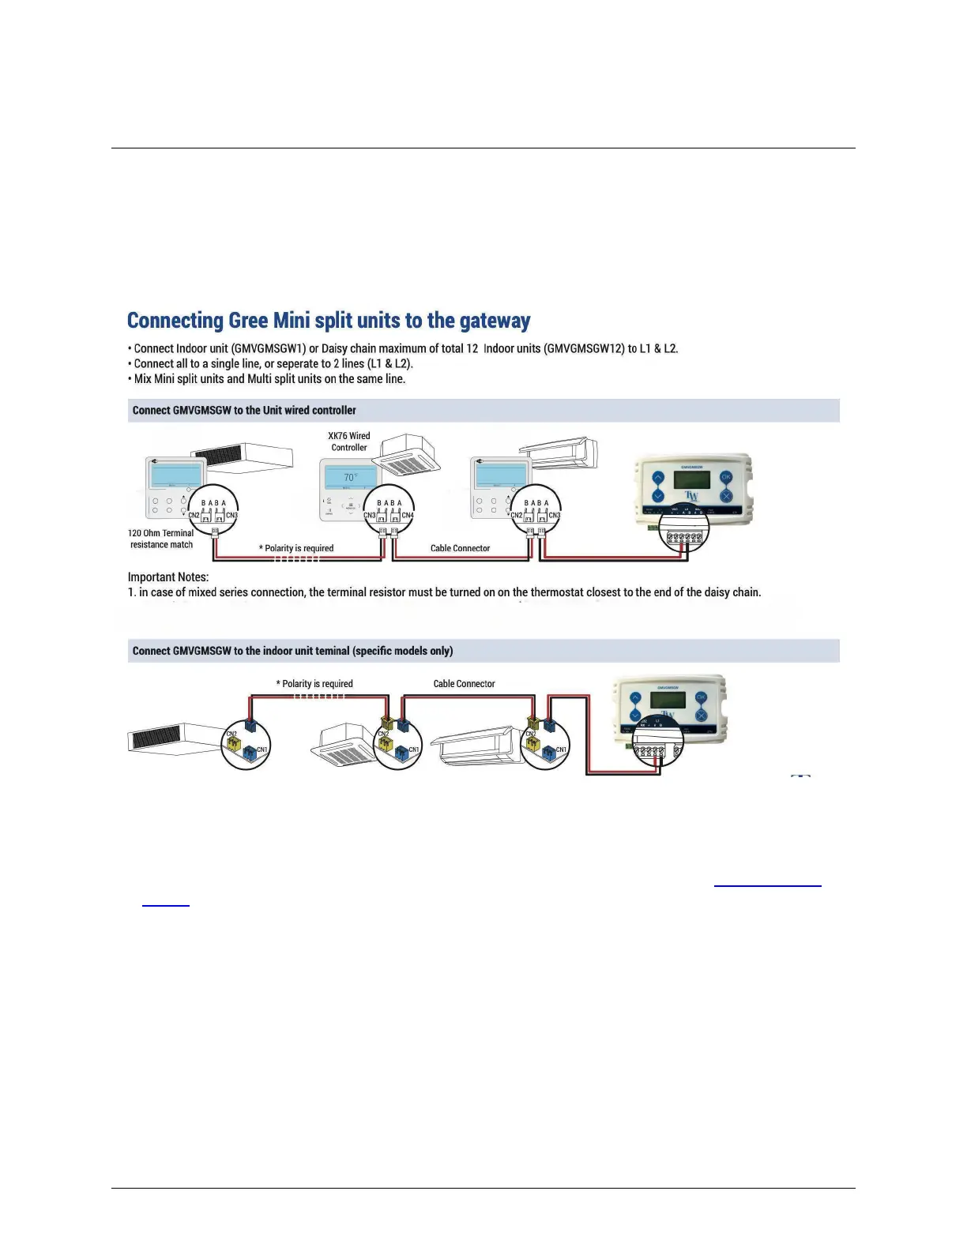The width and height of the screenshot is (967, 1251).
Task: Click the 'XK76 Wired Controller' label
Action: click(349, 441)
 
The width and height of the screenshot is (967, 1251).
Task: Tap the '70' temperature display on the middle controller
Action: click(349, 477)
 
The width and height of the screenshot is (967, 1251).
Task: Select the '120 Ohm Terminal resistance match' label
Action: click(161, 539)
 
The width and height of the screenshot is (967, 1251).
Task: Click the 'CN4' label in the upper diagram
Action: click(408, 516)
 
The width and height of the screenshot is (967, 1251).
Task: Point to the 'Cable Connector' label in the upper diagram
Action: click(460, 548)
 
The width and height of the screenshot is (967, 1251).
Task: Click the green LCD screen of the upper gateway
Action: click(691, 479)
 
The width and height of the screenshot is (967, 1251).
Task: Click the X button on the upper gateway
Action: click(726, 496)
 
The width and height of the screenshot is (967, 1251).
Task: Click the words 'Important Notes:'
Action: click(168, 577)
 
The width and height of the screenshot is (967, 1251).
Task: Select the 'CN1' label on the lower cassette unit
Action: click(413, 749)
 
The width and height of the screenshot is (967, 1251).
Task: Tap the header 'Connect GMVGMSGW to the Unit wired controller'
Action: click(244, 411)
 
